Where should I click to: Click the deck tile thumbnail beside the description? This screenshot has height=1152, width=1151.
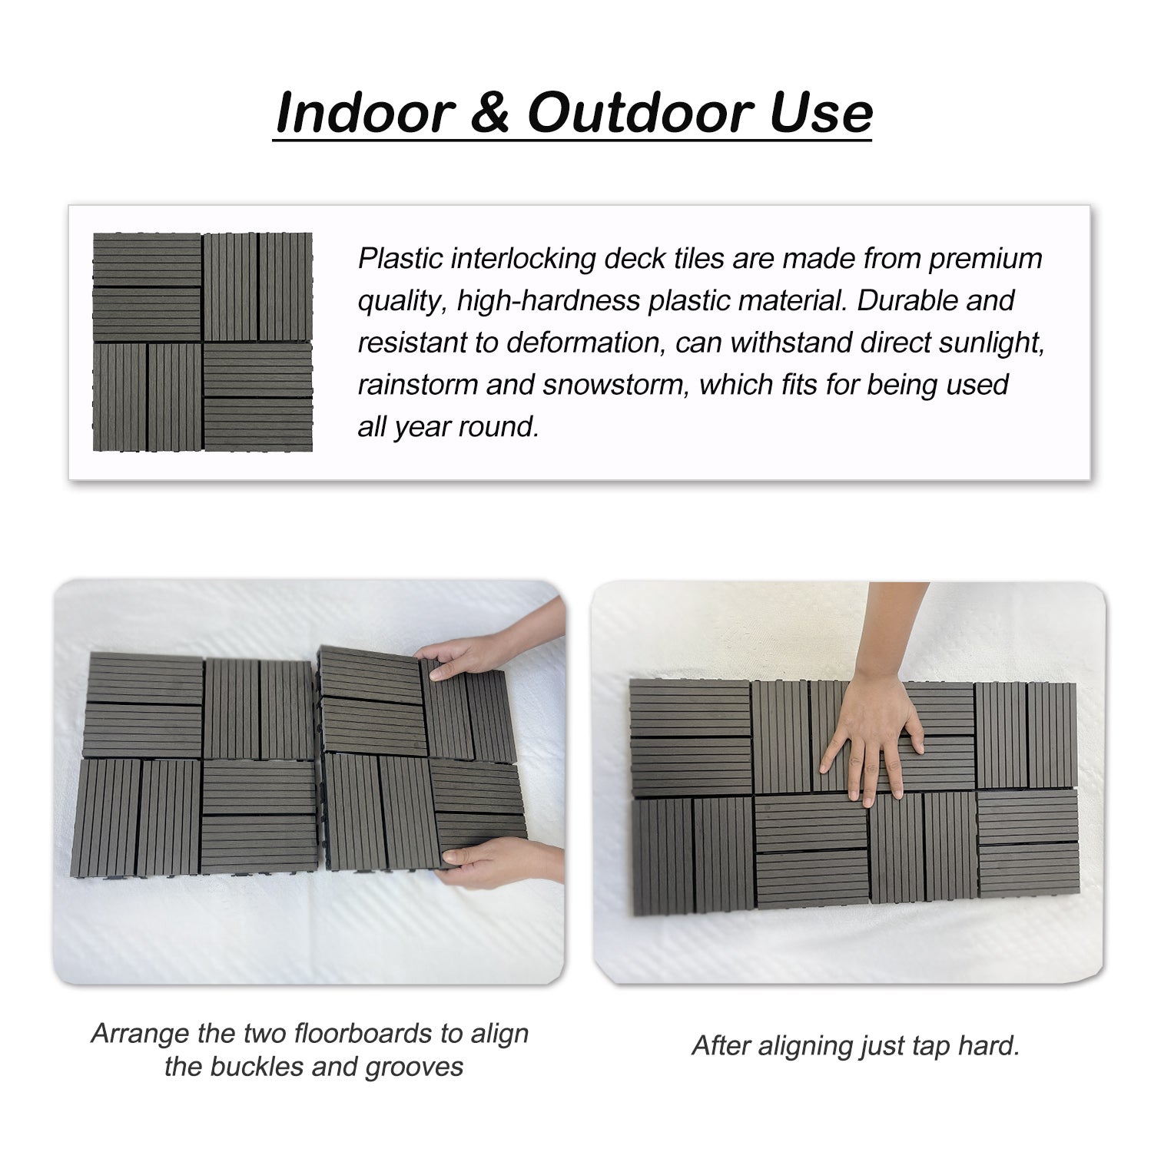(x=203, y=342)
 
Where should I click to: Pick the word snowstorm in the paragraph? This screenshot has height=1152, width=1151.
(x=612, y=384)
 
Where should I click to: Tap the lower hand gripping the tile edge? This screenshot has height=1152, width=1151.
(x=492, y=860)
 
